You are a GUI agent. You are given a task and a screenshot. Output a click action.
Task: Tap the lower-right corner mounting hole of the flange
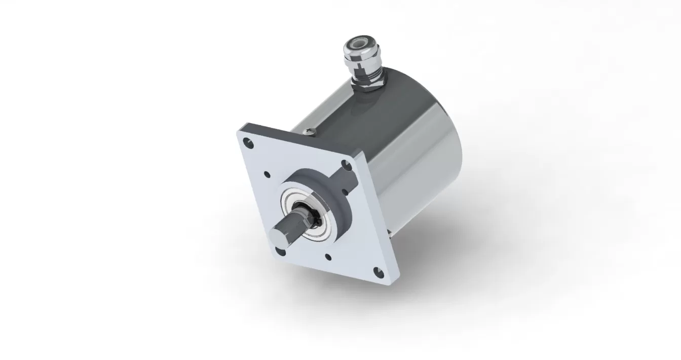coord(375,270)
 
